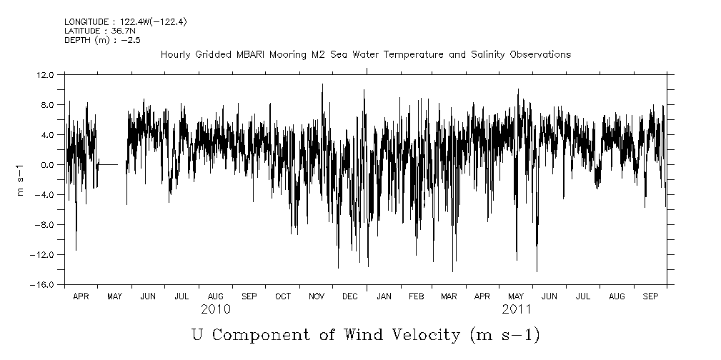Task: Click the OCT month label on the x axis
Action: (x=282, y=296)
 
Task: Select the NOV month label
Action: (x=316, y=296)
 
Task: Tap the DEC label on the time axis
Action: (x=349, y=296)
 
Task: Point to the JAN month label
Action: (x=384, y=296)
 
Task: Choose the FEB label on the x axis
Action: (x=416, y=296)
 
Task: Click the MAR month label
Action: (x=449, y=296)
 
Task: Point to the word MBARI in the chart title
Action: (x=253, y=54)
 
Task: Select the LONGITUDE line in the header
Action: (x=115, y=23)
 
